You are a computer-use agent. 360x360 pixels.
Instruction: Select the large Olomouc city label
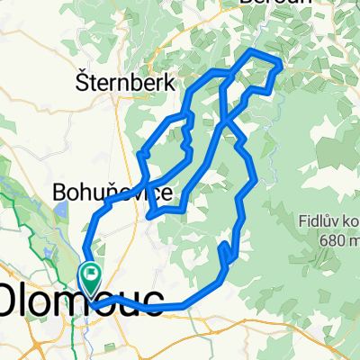point(81,300)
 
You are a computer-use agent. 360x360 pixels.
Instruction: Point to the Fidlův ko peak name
point(330,220)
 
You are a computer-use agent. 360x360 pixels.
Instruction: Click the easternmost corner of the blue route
point(283,65)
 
